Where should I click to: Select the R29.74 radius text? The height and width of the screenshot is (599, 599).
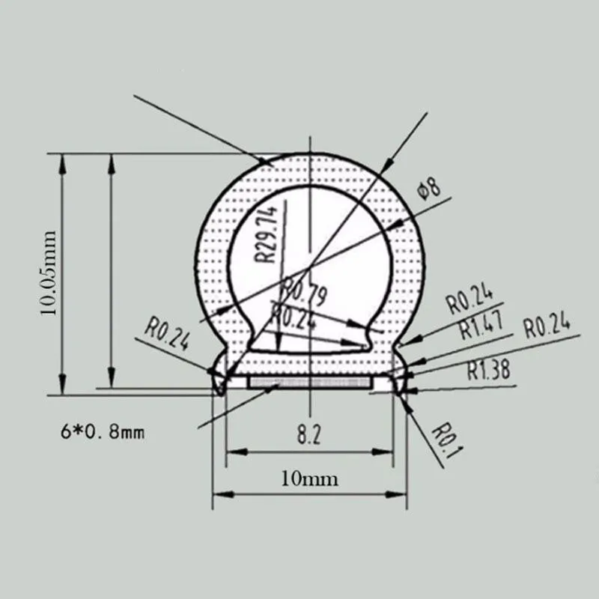pos(268,233)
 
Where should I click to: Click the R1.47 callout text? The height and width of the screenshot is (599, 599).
pos(480,326)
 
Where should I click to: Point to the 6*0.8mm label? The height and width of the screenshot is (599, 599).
pos(101,432)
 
